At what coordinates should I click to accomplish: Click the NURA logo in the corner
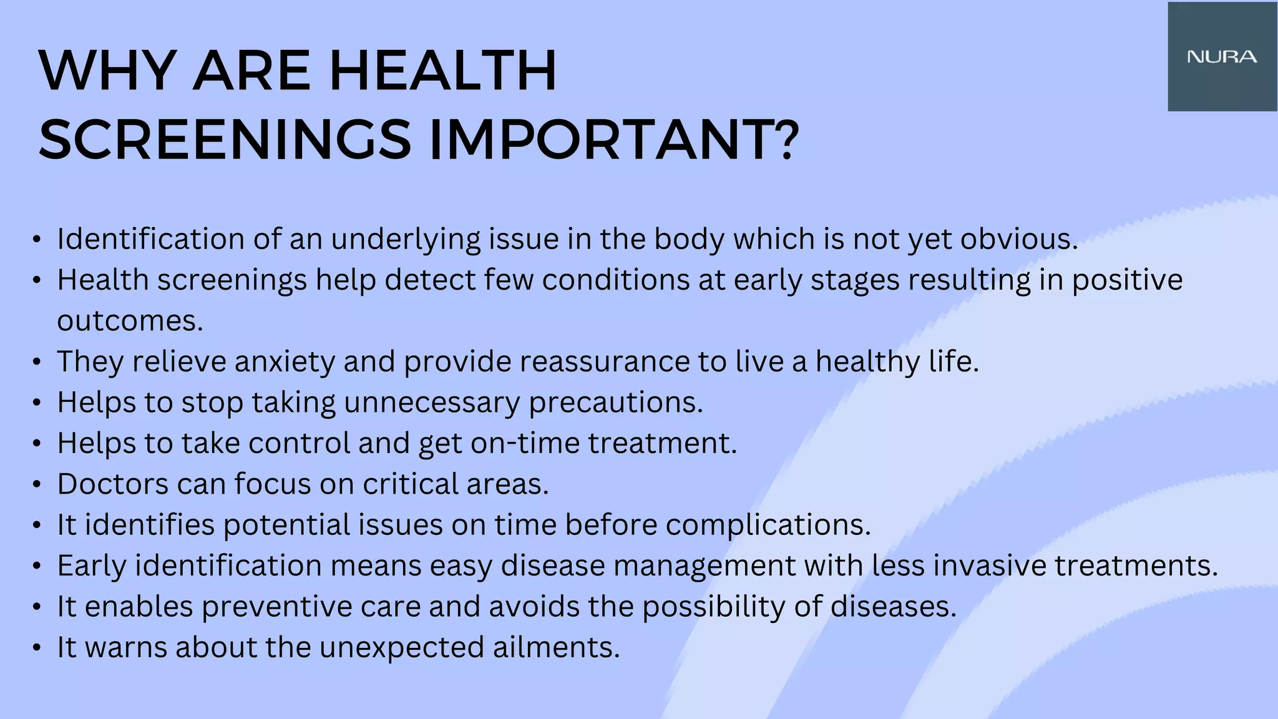1222,57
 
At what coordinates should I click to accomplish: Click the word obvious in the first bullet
1018,239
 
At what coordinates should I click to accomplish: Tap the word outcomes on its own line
130,321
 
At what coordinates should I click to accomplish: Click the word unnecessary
432,403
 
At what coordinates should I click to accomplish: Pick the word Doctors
112,484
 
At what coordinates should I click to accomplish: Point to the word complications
768,525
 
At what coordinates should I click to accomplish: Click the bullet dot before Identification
37,240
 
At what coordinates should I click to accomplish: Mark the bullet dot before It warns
37,648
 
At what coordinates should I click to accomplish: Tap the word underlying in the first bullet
406,239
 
